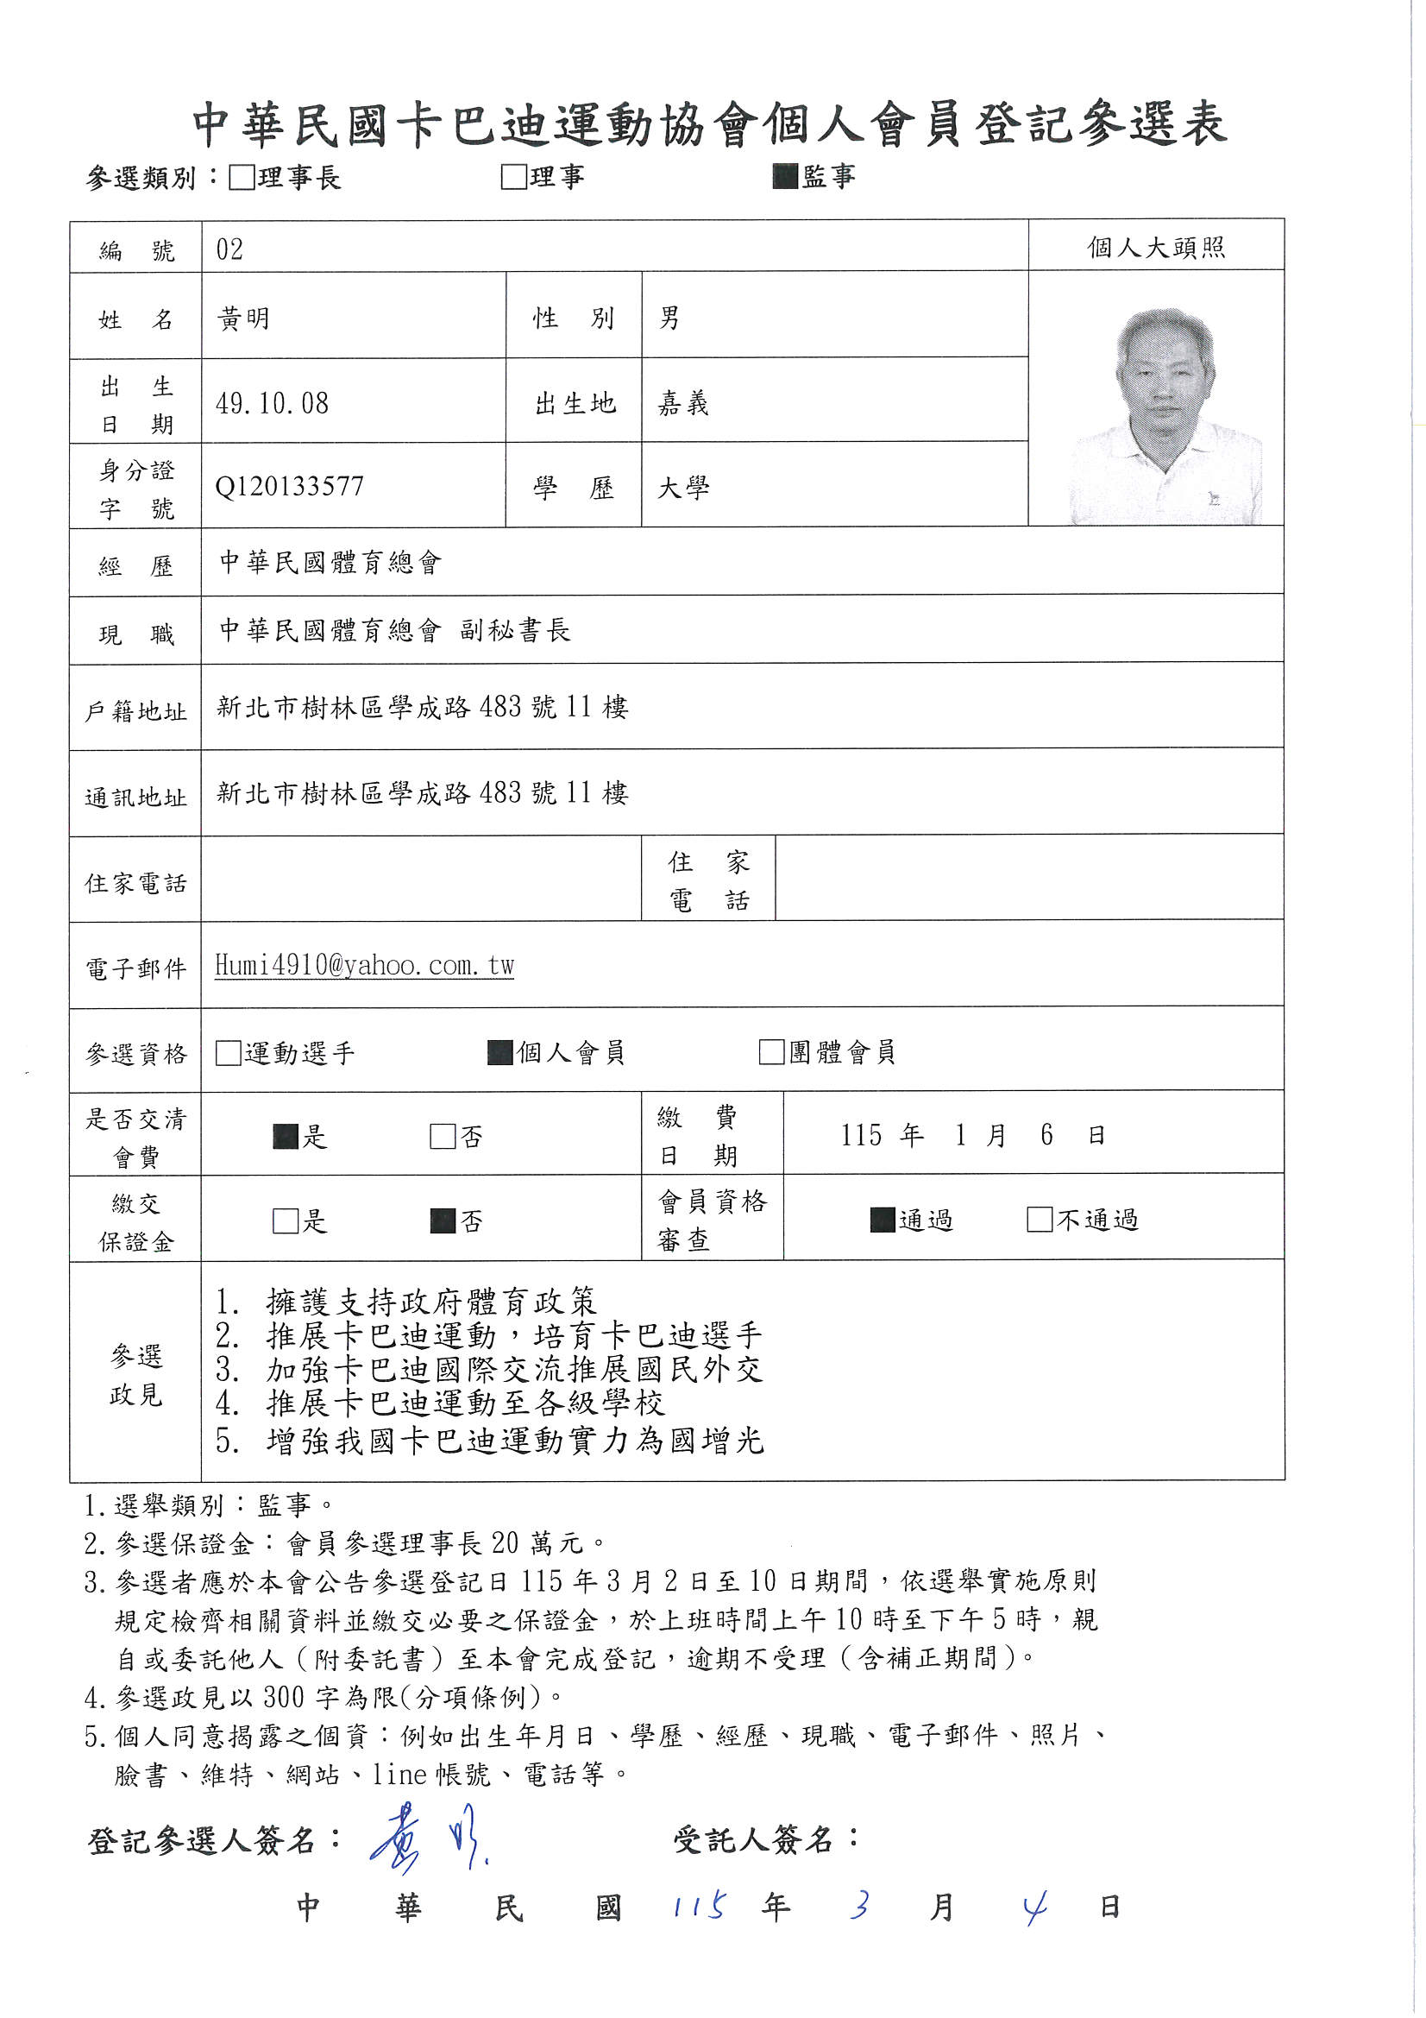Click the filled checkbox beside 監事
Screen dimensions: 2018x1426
(x=785, y=177)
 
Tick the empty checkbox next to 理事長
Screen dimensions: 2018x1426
(x=241, y=178)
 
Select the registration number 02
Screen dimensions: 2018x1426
(x=229, y=249)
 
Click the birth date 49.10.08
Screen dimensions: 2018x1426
(x=273, y=403)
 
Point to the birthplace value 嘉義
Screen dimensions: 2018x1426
(x=683, y=403)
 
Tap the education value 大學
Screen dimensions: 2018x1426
(x=683, y=487)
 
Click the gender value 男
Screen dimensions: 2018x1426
(x=669, y=318)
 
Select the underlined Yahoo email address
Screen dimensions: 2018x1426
(x=365, y=965)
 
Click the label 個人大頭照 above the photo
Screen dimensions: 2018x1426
(x=1155, y=248)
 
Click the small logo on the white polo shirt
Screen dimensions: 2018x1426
(x=1214, y=499)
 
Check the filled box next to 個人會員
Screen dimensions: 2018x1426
(x=500, y=1052)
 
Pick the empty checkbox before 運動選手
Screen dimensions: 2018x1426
(x=228, y=1053)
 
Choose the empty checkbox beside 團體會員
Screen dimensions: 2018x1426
(x=771, y=1052)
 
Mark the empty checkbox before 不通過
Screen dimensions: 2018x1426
(x=1040, y=1219)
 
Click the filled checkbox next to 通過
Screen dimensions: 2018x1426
(x=883, y=1219)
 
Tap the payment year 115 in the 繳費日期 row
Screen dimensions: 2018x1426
(x=861, y=1136)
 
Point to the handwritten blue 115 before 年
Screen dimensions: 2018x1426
(x=700, y=1907)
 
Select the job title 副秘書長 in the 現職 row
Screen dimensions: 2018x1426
(x=515, y=630)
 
